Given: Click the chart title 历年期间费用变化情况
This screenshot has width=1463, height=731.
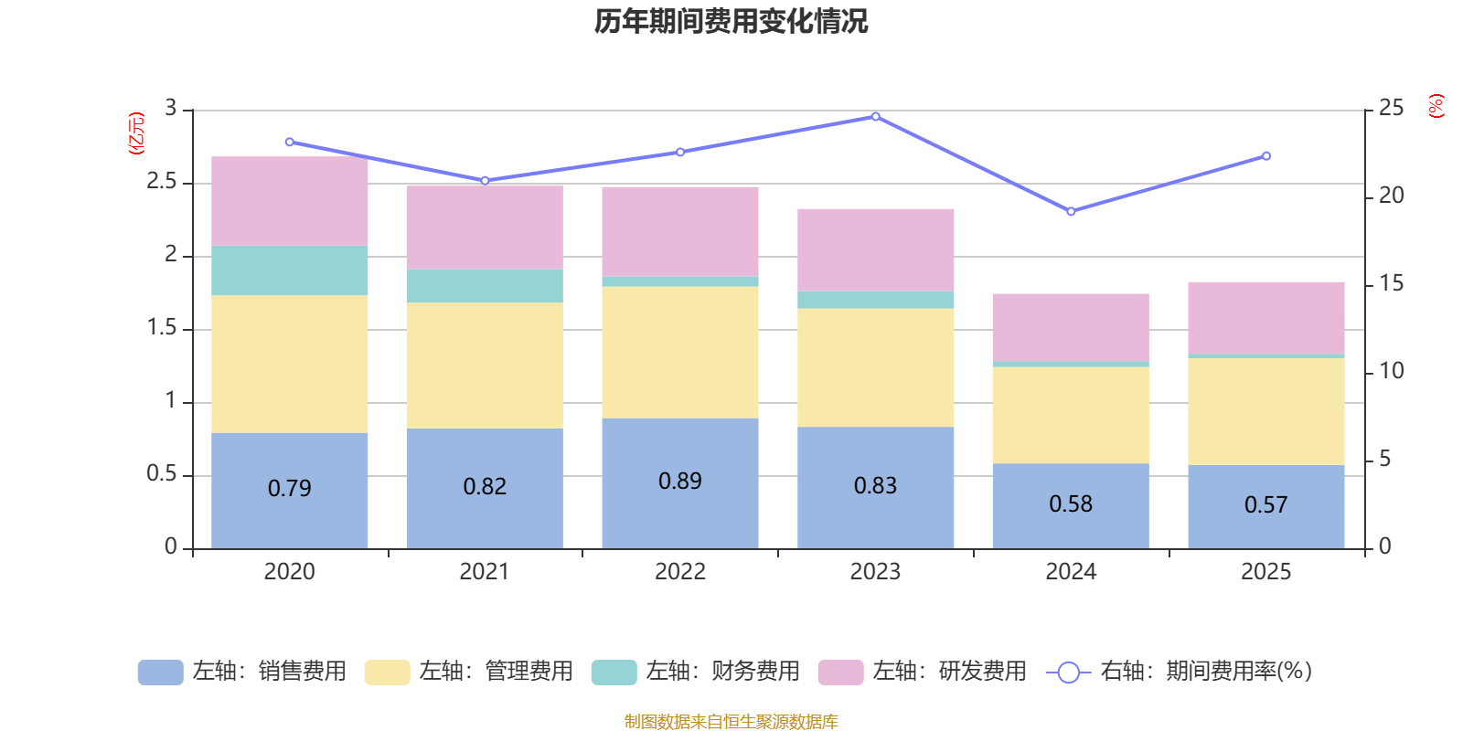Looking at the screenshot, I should coord(731,21).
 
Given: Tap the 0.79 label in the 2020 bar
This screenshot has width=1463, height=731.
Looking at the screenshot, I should coord(289,489).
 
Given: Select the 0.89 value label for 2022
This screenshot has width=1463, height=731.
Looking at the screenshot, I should coord(680,482).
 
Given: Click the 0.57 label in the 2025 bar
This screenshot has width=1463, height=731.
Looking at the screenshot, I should coord(1265,505).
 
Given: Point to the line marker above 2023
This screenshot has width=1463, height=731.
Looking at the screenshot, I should coord(875,116).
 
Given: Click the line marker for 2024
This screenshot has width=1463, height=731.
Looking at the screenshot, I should coord(1071,211).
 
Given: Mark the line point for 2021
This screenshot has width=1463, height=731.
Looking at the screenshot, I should coord(485,180).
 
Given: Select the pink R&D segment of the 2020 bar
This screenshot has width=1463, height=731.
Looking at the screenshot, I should coord(289,201).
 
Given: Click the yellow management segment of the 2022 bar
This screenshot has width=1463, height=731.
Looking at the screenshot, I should coord(680,352).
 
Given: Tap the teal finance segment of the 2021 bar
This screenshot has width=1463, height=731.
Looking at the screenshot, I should coord(485,285).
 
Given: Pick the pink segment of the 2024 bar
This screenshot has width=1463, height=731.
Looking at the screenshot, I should coord(1071,327).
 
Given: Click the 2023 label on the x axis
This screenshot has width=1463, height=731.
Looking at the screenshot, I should coord(875,572).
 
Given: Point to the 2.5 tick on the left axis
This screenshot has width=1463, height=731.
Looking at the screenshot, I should coord(162,182).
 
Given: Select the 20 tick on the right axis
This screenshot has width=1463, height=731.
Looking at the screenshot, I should coord(1391,196).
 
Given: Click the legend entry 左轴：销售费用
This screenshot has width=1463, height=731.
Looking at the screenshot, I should coord(242,672).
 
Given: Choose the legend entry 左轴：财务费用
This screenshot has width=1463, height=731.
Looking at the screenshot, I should coord(696,672).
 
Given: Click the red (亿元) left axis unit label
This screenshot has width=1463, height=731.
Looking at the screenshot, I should coord(136,133).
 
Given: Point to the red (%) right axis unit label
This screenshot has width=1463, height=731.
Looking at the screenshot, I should coord(1436,106).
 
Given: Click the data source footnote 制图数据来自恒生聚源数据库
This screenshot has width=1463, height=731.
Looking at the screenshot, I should coord(731,722).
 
